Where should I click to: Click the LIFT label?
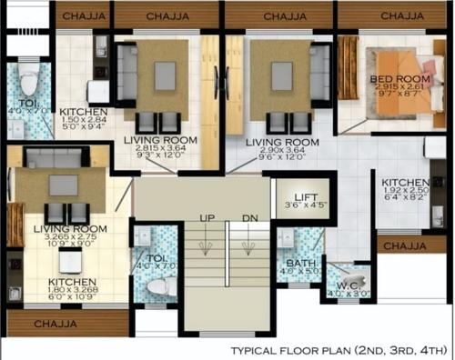coord(293,195)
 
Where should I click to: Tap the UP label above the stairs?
coord(207,219)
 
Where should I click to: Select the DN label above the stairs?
coord(250,219)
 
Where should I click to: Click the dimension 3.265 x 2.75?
coord(65,236)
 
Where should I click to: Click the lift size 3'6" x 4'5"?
coord(293,205)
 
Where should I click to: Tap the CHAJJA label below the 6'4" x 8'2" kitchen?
coord(405,245)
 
